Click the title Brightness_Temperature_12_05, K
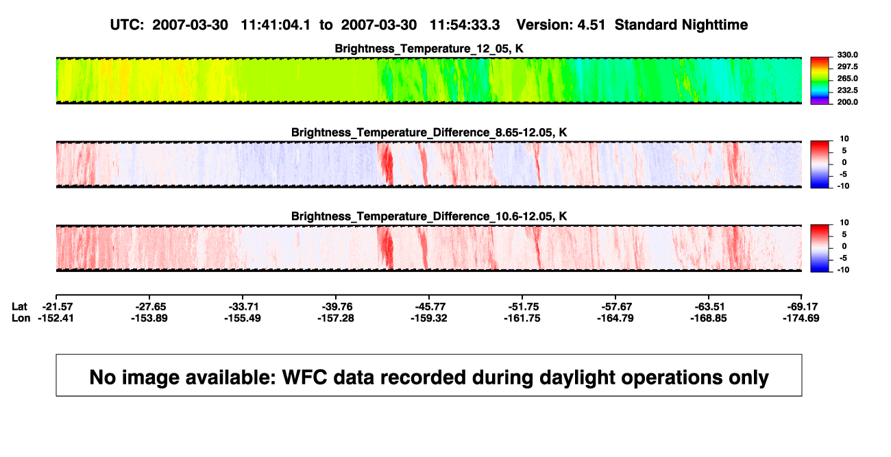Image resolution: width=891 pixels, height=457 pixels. pos(429,49)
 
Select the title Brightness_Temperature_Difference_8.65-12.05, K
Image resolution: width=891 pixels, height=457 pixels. pos(429,132)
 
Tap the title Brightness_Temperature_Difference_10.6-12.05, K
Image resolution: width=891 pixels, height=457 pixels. pos(429,217)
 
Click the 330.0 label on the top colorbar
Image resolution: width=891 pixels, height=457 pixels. pos(847,55)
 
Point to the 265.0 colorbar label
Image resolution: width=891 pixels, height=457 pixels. pos(847,78)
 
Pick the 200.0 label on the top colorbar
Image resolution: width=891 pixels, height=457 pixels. pos(847,102)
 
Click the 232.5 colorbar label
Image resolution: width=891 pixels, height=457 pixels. pos(847,90)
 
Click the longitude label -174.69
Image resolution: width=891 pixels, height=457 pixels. pos(801,318)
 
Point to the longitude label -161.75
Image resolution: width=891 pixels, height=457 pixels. pos(522,318)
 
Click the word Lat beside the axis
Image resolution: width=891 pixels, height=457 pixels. pos(19,307)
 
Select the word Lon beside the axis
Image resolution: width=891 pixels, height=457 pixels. pos(21,318)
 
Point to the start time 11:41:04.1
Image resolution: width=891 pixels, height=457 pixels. pos(276,25)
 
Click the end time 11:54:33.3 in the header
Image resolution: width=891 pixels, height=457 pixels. pos(465,25)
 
